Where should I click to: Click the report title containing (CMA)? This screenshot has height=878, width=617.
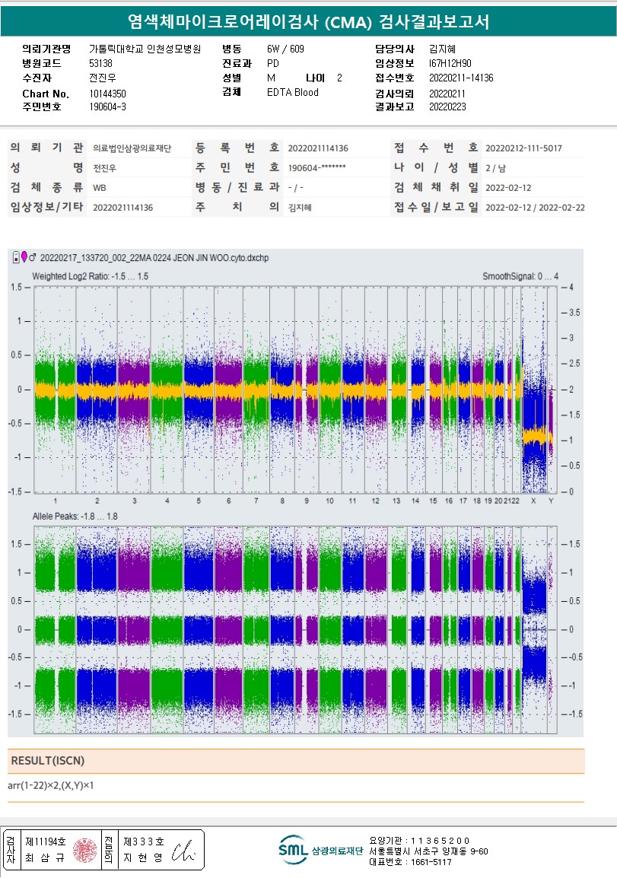[308, 22]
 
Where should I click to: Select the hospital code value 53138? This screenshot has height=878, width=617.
[100, 64]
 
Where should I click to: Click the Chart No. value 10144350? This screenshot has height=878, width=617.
[107, 94]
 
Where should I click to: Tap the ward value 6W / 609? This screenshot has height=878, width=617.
[285, 49]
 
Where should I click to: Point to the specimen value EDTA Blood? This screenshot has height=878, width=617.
[292, 93]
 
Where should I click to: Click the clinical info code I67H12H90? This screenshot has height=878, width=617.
[450, 64]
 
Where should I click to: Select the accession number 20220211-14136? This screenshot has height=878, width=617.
[461, 78]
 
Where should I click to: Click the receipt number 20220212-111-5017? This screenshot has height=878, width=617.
[523, 148]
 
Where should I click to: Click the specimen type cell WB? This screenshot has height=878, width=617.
[100, 187]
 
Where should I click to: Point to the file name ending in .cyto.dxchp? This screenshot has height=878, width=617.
[154, 258]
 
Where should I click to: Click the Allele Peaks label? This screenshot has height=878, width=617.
[75, 517]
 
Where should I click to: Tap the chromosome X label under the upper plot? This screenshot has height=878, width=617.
[533, 501]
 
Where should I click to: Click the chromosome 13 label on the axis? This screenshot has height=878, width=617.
[396, 501]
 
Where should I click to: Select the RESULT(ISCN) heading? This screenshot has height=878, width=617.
[47, 761]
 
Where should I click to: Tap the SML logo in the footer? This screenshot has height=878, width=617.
[292, 849]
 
